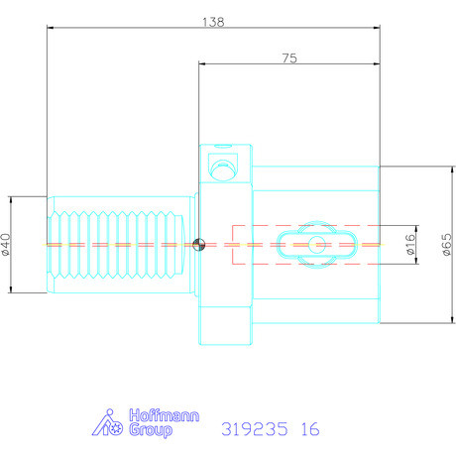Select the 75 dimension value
[289, 58]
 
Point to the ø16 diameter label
[409, 244]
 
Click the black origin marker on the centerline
[199, 245]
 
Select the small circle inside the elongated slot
[315, 244]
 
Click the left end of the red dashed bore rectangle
[232, 245]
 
